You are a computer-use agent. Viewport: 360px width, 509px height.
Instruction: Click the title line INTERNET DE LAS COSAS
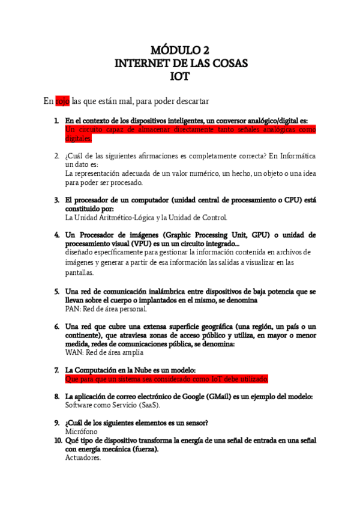coord(180,63)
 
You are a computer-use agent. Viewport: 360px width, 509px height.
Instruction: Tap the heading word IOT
coord(180,77)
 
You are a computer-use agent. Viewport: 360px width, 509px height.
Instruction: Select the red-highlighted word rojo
coord(62,101)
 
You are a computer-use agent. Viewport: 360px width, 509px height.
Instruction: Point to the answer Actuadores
coord(83,457)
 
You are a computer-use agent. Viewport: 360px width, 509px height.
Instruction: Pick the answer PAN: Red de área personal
coord(106,309)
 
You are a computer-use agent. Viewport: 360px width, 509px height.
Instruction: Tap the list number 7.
coord(56,370)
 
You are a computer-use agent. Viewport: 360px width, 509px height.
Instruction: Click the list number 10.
coord(58,440)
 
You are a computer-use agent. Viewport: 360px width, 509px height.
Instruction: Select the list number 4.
coord(56,235)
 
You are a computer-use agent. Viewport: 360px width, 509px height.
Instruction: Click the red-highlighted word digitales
coord(78,138)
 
